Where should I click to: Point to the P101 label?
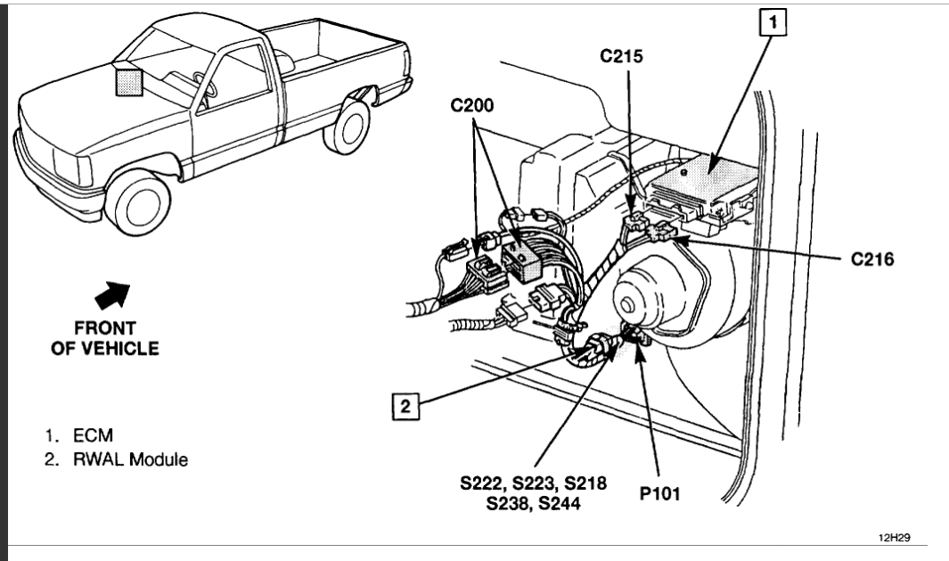tap(658, 492)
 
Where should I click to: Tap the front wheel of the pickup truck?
tap(141, 202)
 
